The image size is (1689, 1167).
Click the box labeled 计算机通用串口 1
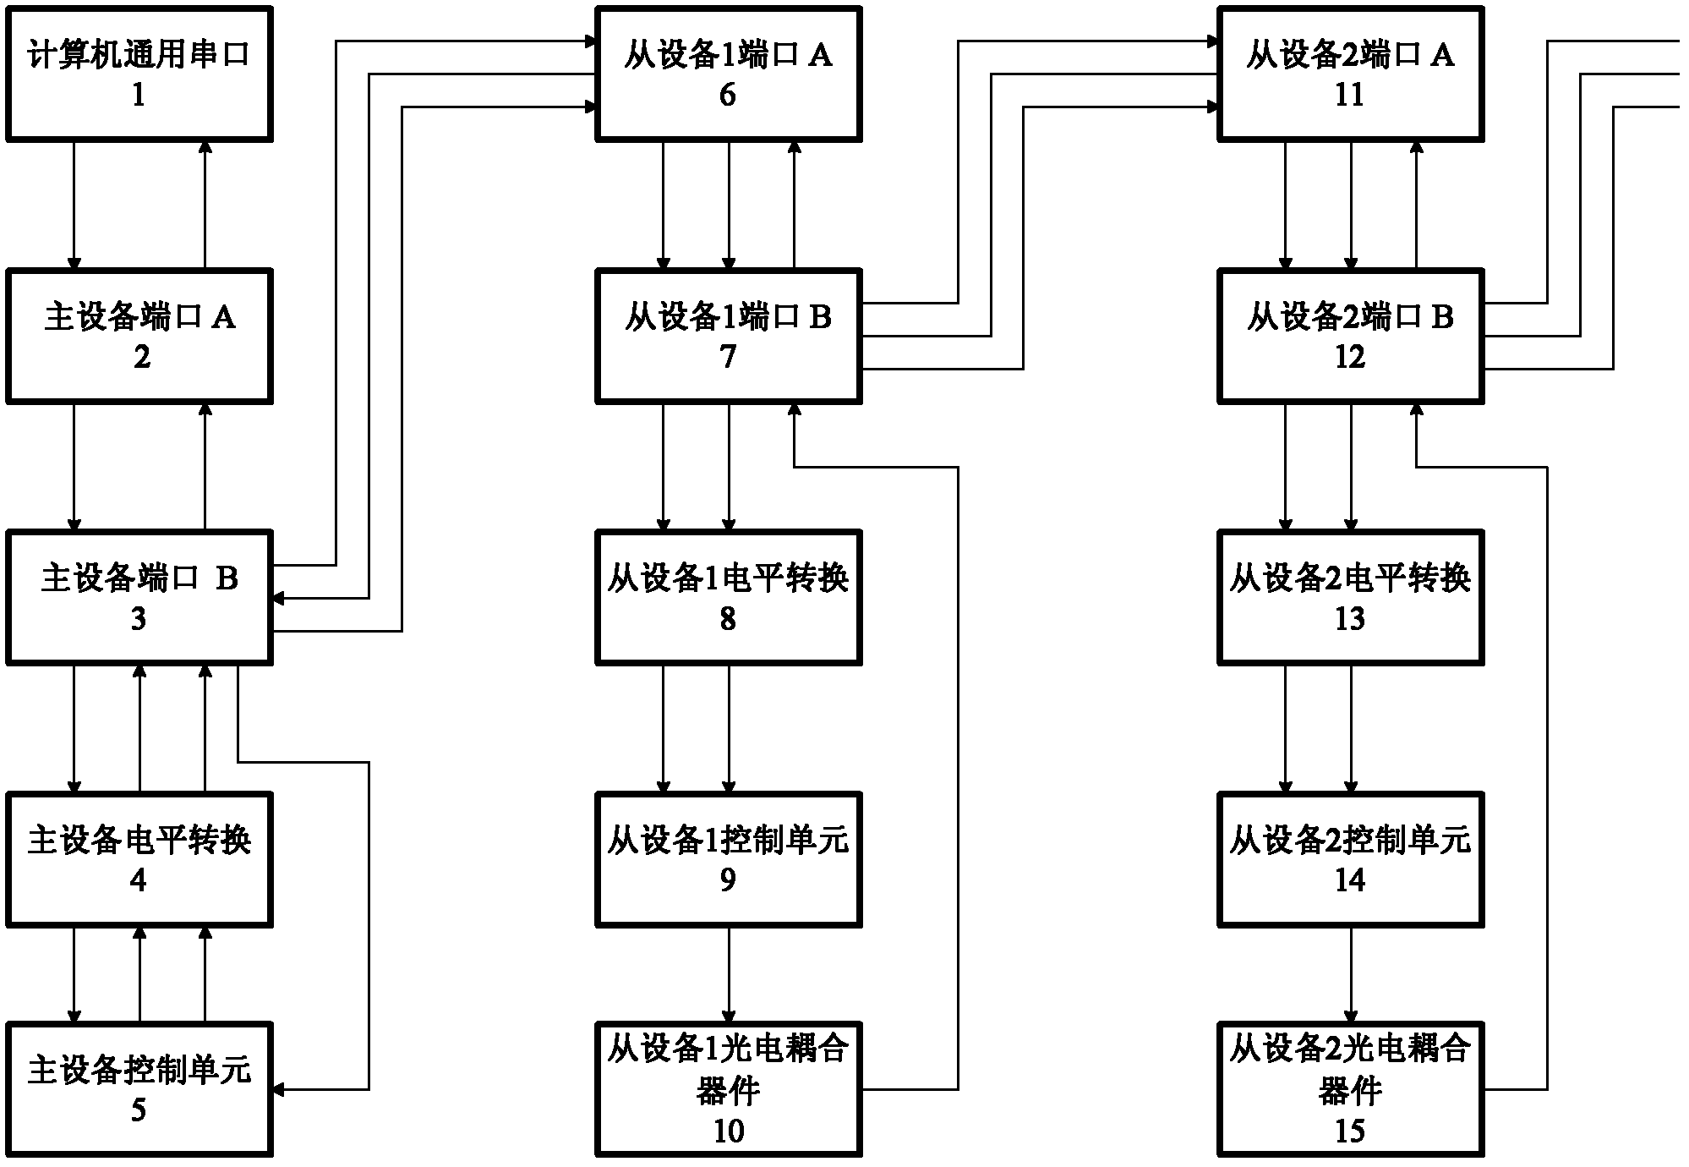coord(139,74)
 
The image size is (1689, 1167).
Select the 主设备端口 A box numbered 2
coord(139,336)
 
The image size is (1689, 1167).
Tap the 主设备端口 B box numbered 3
coord(139,597)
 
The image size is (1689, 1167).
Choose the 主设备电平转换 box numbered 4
coord(139,859)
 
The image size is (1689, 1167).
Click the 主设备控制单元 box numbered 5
coord(139,1089)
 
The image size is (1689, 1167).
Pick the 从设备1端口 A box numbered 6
coord(729,74)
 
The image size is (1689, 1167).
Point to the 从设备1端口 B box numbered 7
coord(729,336)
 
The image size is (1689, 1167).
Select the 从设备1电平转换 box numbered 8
coord(729,597)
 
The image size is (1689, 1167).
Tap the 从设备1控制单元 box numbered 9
coord(729,859)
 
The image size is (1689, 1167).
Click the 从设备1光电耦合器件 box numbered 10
coord(729,1089)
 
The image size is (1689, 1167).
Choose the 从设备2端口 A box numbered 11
coord(1351,74)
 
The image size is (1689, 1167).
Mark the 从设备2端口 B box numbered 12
coord(1351,336)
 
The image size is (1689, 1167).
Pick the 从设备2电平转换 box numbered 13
coord(1351,597)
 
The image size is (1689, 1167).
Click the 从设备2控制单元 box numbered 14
coord(1351,859)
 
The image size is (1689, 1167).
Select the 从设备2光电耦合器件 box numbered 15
coord(1351,1089)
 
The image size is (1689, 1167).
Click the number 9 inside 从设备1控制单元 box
coord(728,880)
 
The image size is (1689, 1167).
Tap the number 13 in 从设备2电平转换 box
coord(1350,619)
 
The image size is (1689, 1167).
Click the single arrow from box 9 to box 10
coord(729,975)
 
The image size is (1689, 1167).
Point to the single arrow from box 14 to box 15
coord(1351,975)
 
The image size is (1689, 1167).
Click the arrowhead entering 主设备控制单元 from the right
coord(278,1089)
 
